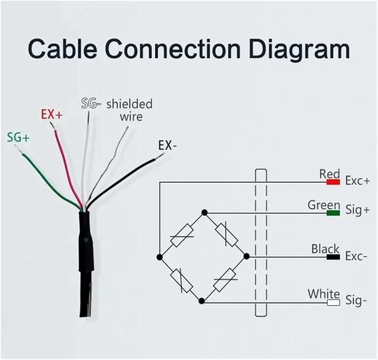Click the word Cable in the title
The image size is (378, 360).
click(62, 49)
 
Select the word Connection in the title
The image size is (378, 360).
click(173, 49)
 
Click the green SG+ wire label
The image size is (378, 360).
click(19, 138)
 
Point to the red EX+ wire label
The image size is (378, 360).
click(52, 115)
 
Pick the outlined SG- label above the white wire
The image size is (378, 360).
click(91, 103)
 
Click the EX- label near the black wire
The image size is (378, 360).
click(167, 146)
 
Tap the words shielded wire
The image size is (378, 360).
click(129, 110)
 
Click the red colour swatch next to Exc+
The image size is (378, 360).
click(333, 182)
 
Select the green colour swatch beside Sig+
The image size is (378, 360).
click(333, 213)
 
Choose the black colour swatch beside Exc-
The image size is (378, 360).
click(333, 257)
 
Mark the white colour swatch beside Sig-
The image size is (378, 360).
click(333, 303)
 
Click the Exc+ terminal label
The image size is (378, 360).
click(357, 181)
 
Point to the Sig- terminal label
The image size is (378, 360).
click(356, 301)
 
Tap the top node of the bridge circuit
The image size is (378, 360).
click(204, 213)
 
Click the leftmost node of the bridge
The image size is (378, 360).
click(160, 257)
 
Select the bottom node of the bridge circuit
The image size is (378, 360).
click(202, 301)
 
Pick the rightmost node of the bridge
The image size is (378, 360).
click(246, 256)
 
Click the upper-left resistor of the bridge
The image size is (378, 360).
click(182, 236)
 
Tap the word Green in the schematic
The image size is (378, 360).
click(324, 205)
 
